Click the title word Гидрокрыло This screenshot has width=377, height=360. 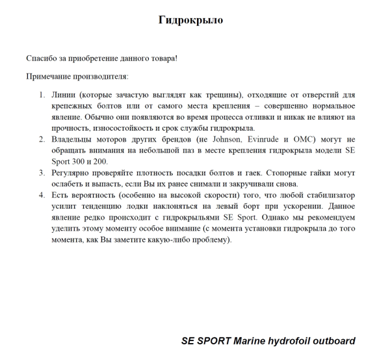click(x=190, y=20)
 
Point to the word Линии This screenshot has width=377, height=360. click(x=64, y=95)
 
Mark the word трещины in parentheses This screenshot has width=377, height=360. click(x=214, y=95)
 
